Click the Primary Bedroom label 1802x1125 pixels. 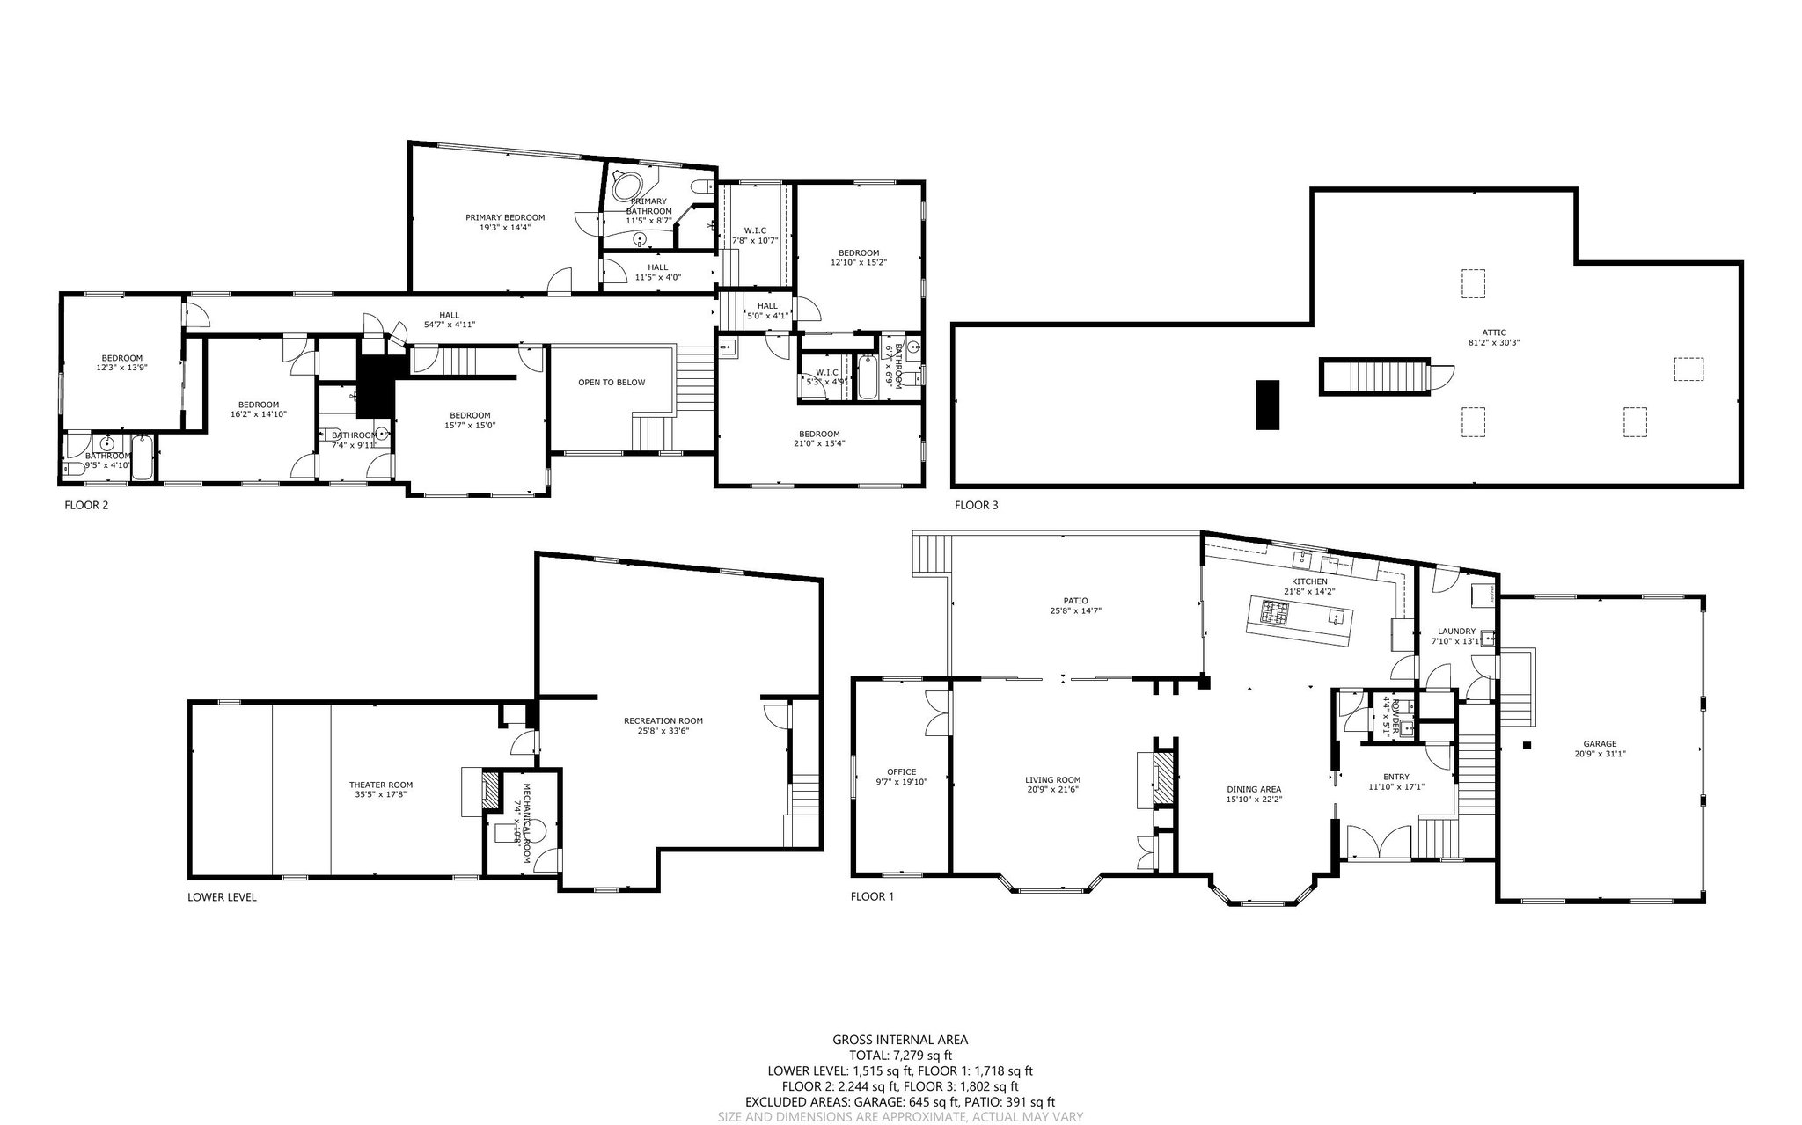tap(505, 217)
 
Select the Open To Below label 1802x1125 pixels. tap(611, 383)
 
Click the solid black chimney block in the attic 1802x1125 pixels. tap(1267, 405)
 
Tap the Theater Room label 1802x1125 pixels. tap(380, 785)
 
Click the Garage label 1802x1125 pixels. tap(1599, 743)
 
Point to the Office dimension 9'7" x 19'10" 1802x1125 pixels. tap(901, 781)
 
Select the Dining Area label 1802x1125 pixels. tap(1254, 789)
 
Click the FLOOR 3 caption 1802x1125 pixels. tap(976, 506)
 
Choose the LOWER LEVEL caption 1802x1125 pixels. tap(222, 897)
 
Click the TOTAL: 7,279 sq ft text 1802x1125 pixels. tap(900, 1056)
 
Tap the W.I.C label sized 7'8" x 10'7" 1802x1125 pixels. tap(754, 230)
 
